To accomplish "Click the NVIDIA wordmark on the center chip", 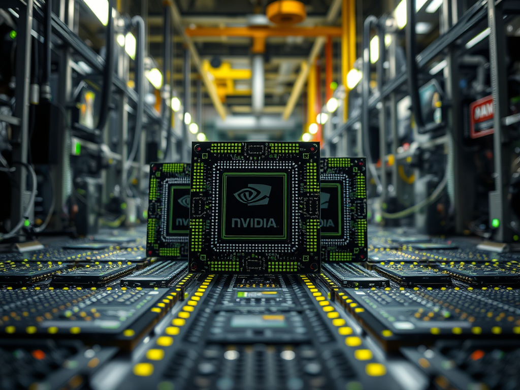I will coord(254,222).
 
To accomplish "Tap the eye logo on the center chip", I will coord(252,194).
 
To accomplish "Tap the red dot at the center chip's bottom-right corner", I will coord(313,266).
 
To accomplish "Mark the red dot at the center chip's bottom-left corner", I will coord(194,266).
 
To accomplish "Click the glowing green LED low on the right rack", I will coord(495,223).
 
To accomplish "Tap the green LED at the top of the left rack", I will coord(13,35).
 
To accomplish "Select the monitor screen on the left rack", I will coord(87,109).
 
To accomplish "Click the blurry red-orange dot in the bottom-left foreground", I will coord(39,354).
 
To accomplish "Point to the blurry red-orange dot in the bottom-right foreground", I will coord(477,354).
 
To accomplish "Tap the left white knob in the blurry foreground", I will coord(231,354).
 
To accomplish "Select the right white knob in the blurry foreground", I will coord(288,354).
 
